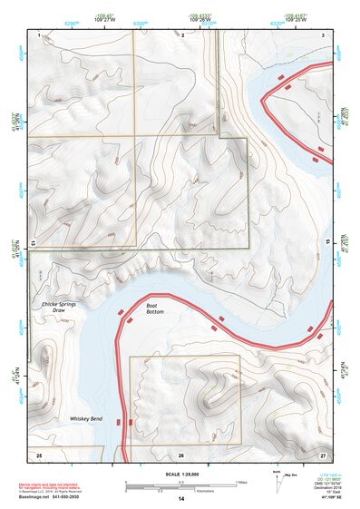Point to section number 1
click(41, 34)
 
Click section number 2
click(183, 34)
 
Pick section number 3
click(324, 34)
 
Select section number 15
click(328, 243)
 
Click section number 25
click(39, 453)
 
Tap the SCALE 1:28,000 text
click(181, 474)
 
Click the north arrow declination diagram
click(277, 478)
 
